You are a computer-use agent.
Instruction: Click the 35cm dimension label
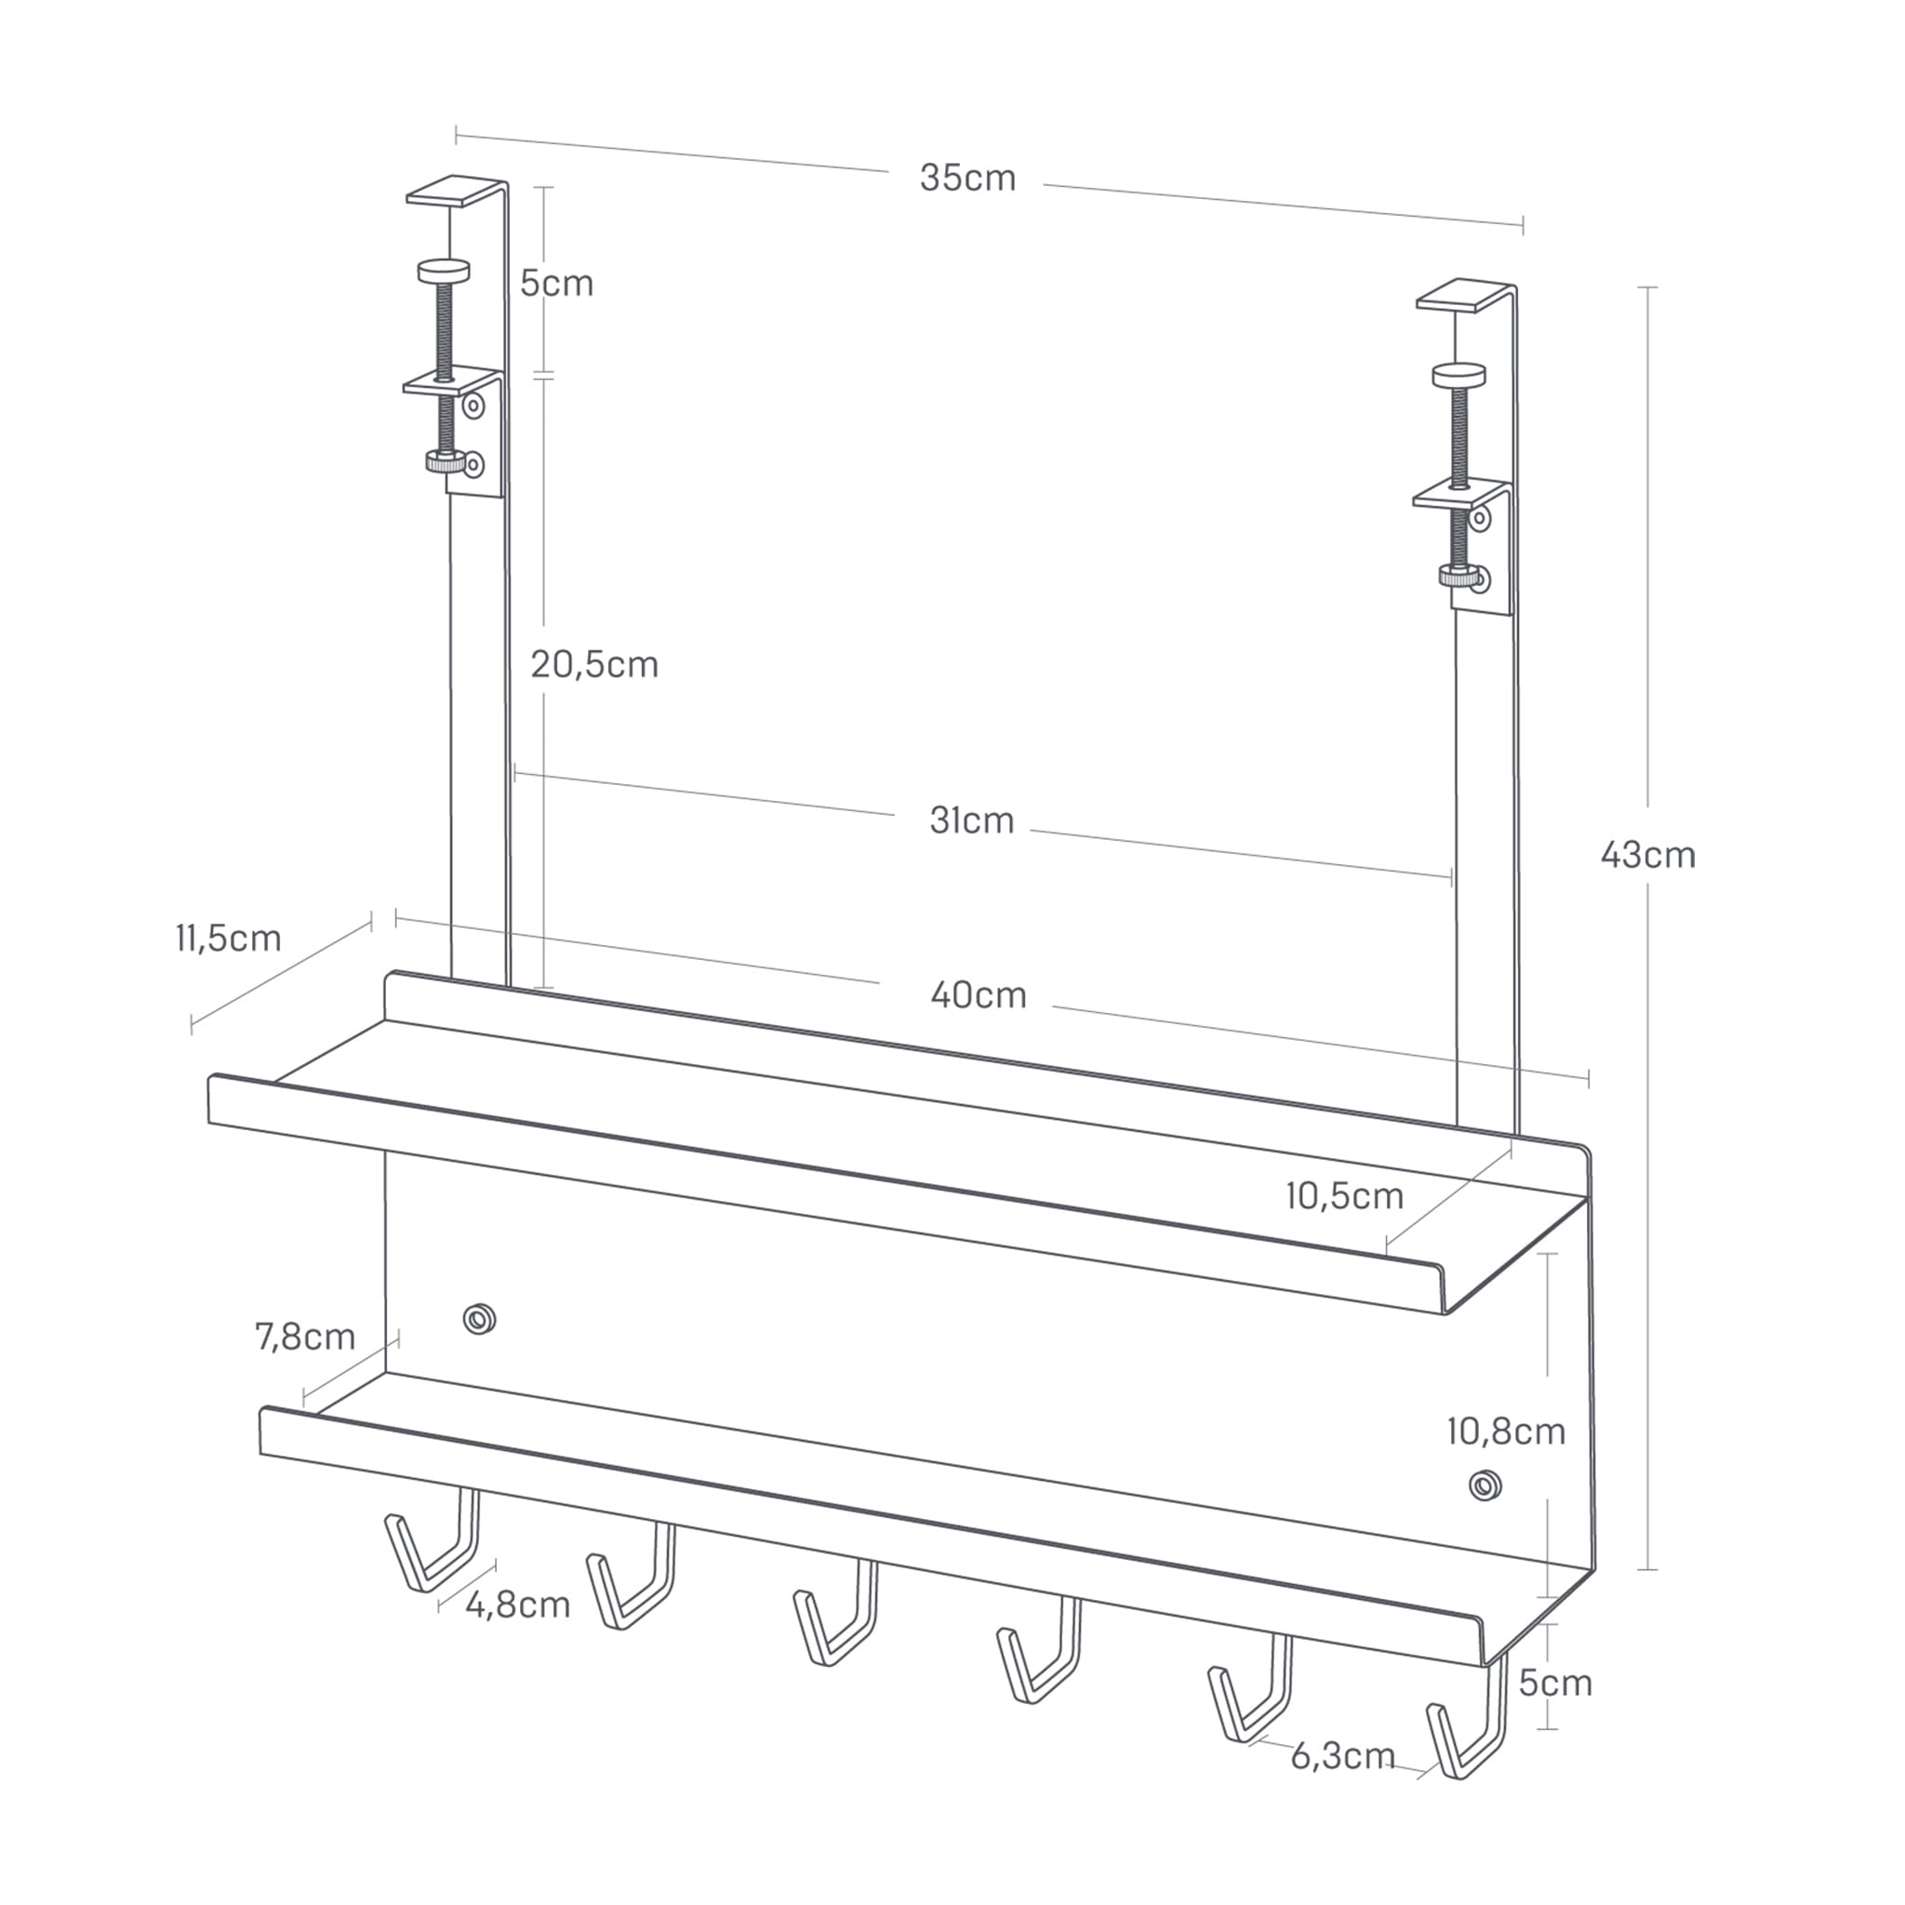click(967, 179)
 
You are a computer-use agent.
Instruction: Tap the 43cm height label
click(1647, 856)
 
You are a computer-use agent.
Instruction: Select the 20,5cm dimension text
click(593, 666)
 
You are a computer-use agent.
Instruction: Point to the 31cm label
click(971, 821)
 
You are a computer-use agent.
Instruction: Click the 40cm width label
click(979, 996)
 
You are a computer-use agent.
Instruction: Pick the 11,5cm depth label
click(229, 938)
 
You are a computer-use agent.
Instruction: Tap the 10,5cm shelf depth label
click(1344, 1196)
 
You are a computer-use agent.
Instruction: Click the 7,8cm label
click(305, 1337)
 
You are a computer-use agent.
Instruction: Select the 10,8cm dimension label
click(1506, 1431)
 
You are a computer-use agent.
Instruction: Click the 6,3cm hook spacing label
click(1342, 1755)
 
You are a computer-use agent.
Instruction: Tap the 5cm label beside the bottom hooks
click(1555, 1682)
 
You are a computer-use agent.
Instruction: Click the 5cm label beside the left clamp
click(556, 284)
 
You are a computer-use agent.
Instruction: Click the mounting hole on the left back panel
click(479, 1318)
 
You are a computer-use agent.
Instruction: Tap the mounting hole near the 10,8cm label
click(1484, 1485)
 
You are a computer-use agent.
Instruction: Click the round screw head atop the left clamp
click(444, 270)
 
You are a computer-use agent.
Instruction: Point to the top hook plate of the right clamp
click(1463, 298)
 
